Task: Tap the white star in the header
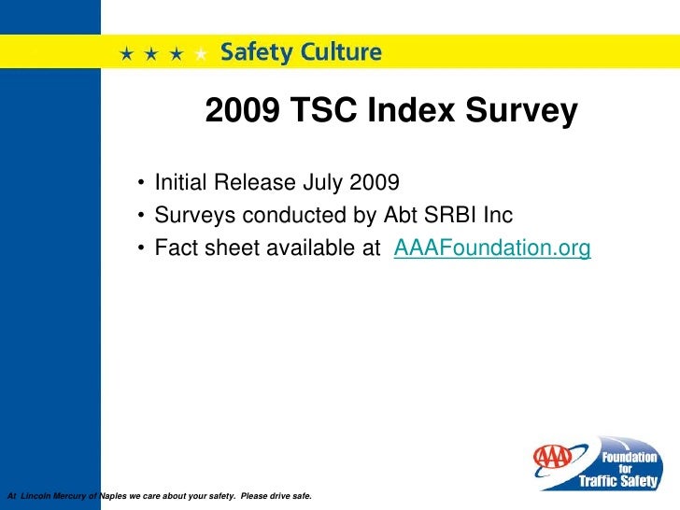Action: click(201, 54)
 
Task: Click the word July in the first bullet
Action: click(322, 180)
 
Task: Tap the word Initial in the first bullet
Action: click(183, 180)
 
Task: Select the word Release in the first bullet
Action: click(257, 180)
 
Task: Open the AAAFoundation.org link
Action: click(493, 248)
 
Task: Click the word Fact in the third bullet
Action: click(175, 248)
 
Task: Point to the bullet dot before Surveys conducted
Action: click(139, 216)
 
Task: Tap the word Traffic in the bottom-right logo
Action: click(605, 481)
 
